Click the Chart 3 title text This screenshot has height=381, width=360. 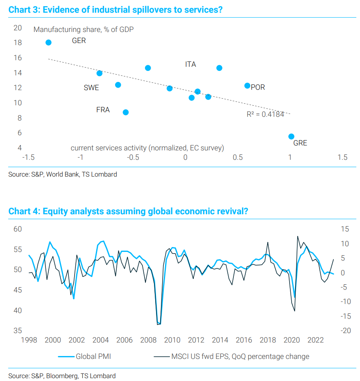point(115,10)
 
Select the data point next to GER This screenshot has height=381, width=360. point(48,43)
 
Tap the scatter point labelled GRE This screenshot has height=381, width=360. point(291,136)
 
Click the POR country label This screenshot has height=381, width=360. point(258,87)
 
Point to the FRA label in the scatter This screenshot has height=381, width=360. point(103,110)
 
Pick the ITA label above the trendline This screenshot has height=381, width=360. point(190,64)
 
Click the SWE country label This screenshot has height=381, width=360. point(91,88)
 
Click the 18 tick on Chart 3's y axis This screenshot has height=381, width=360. point(18,43)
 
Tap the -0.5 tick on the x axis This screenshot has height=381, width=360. point(133,157)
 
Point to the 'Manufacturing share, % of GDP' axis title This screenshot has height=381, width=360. point(84,29)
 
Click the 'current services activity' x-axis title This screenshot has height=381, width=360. point(147,147)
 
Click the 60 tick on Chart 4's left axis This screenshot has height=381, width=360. point(18,229)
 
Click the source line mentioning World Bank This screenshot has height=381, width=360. point(63,175)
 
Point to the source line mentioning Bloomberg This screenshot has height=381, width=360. point(62,376)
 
